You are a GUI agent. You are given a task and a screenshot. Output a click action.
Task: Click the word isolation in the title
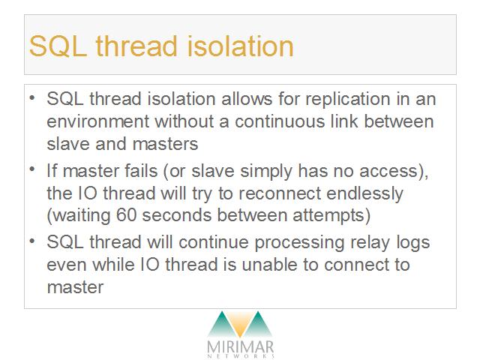tap(240, 46)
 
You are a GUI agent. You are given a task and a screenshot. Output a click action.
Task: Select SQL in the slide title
tap(58, 46)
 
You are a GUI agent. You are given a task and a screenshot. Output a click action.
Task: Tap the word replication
tap(348, 100)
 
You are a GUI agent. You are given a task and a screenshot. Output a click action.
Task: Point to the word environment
tap(97, 121)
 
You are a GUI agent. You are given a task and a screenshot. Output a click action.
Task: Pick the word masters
tap(165, 144)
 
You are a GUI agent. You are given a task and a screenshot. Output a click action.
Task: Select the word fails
tap(141, 170)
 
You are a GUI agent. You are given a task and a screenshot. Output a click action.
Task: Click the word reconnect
tap(280, 193)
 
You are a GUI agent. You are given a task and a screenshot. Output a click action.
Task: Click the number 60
tap(126, 215)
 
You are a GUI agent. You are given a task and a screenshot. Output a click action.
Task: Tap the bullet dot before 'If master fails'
tap(32, 169)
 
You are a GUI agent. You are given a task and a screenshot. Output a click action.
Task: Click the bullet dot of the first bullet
tap(32, 98)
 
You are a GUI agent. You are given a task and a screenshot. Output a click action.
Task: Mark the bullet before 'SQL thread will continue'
tap(32, 241)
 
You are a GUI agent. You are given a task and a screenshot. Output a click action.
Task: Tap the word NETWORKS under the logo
tap(241, 356)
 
